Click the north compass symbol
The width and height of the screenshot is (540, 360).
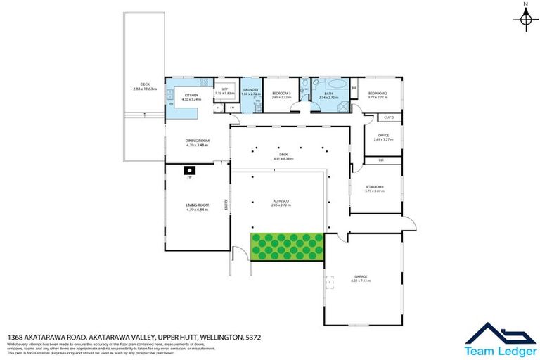pyautogui.click(x=525, y=19)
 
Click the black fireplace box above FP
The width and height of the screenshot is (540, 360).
pyautogui.click(x=189, y=169)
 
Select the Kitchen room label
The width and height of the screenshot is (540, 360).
pyautogui.click(x=191, y=95)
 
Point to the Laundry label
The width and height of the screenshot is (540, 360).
pyautogui.click(x=251, y=90)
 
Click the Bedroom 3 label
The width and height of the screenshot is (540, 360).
pyautogui.click(x=281, y=93)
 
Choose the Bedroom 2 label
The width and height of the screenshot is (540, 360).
pyautogui.click(x=378, y=93)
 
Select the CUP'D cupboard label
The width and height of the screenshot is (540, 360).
pyautogui.click(x=387, y=117)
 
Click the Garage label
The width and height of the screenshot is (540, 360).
pyautogui.click(x=361, y=276)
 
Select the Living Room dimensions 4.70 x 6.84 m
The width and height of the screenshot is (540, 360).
pyautogui.click(x=198, y=209)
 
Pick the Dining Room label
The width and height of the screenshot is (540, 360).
pyautogui.click(x=198, y=141)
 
